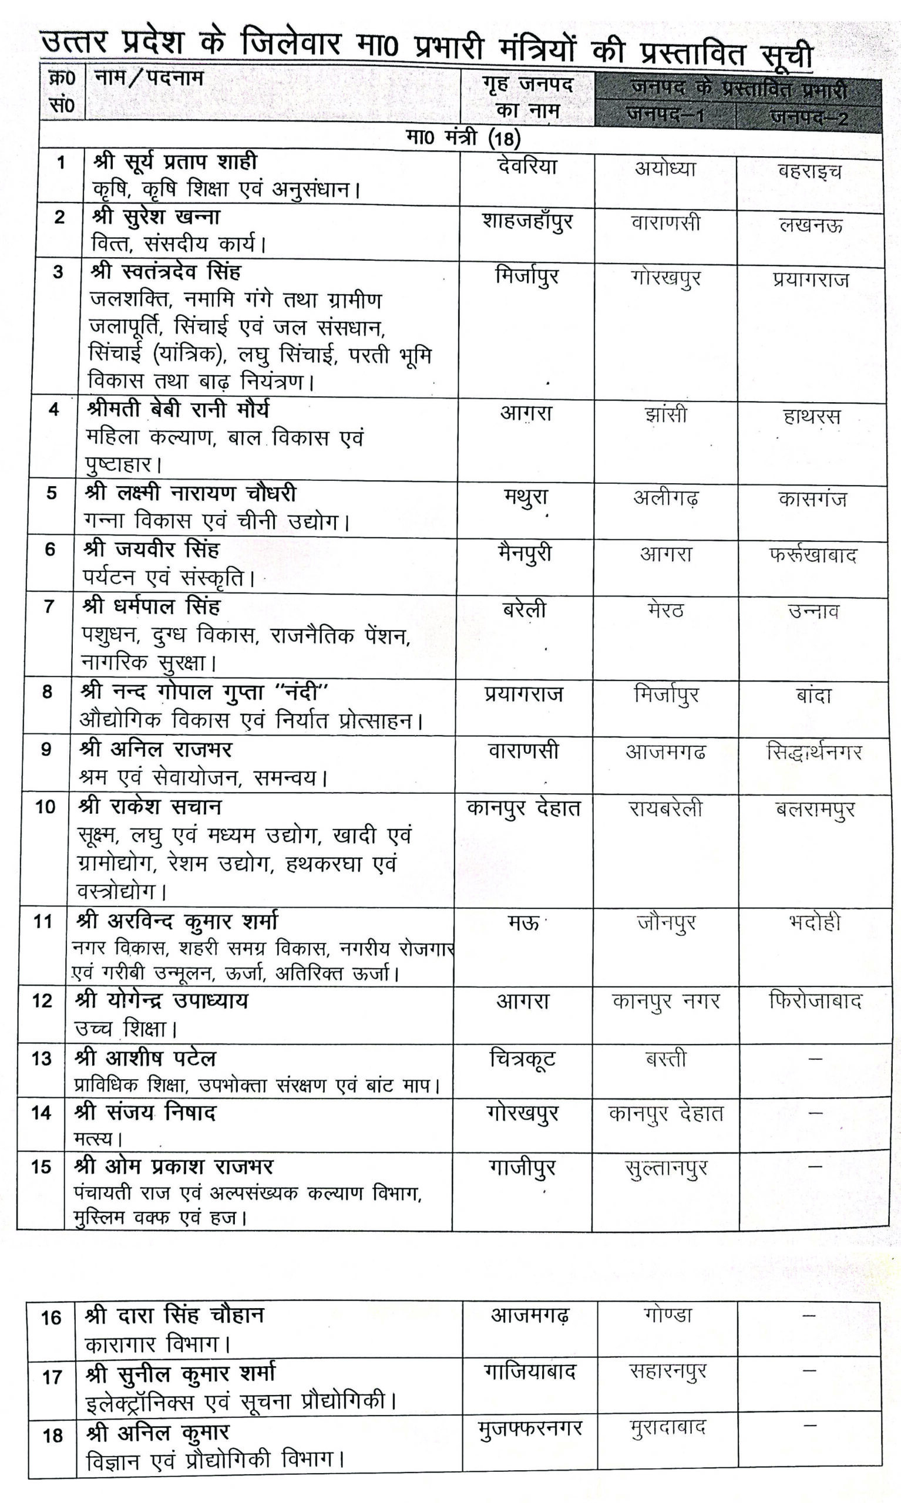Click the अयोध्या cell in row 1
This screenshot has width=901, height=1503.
(x=665, y=168)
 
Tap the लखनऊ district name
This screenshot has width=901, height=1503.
(x=811, y=225)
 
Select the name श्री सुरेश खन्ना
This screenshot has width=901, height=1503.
(x=156, y=217)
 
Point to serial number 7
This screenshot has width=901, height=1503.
(x=49, y=605)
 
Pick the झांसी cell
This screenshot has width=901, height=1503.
(x=666, y=415)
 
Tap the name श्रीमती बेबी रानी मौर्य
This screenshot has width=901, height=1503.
(x=177, y=410)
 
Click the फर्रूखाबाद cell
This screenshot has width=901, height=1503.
(x=812, y=555)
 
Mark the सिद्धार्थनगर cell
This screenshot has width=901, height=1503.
(x=813, y=753)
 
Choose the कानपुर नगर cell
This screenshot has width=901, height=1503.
(x=665, y=1001)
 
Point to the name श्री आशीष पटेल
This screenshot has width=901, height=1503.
(x=145, y=1058)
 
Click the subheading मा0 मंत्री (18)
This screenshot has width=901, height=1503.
(x=463, y=139)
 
